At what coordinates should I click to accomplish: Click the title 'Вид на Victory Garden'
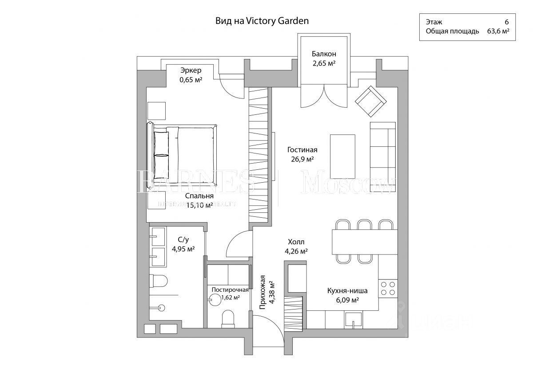[x=262, y=20]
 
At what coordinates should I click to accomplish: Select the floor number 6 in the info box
[x=506, y=22]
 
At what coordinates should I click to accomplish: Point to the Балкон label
[x=323, y=54]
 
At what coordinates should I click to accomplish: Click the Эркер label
[x=191, y=70]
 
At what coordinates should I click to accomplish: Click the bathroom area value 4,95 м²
[x=183, y=249]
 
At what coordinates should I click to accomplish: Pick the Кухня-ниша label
[x=347, y=291]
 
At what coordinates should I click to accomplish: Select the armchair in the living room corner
[x=369, y=101]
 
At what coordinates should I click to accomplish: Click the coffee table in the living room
[x=342, y=156]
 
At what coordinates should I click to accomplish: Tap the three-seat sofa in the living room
[x=383, y=150]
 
